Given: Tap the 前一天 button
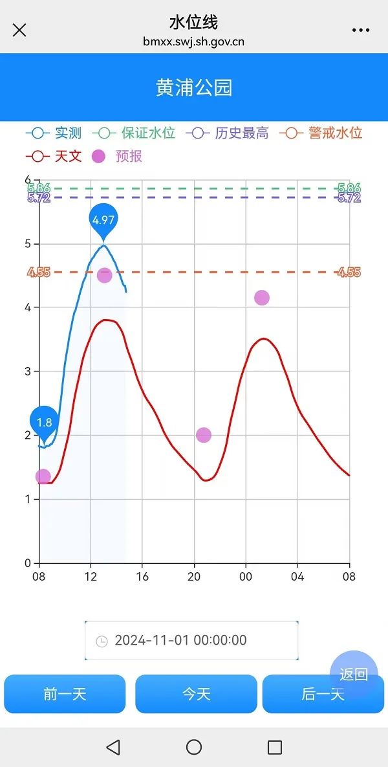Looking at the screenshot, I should click(65, 694).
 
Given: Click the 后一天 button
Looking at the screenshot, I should click(323, 694).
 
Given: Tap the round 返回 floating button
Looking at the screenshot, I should click(354, 674).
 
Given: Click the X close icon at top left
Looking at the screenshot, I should click(19, 30).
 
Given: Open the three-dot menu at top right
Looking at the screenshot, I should click(360, 30).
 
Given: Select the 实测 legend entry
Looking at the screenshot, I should click(54, 133).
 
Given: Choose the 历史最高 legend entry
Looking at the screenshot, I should click(228, 133).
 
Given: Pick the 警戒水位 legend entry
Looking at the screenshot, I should click(321, 133).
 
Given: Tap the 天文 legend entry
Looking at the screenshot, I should click(54, 156).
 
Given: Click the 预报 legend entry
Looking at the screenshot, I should click(117, 156).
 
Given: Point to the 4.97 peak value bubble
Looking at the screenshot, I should click(103, 220).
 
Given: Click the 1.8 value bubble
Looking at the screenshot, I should click(44, 423).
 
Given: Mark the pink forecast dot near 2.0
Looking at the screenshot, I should click(204, 435).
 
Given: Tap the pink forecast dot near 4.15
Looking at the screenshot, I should click(262, 298).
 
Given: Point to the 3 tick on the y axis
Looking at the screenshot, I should click(27, 371).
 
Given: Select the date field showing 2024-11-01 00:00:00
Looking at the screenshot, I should click(191, 640).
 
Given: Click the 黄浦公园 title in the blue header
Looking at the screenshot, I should click(194, 88).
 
